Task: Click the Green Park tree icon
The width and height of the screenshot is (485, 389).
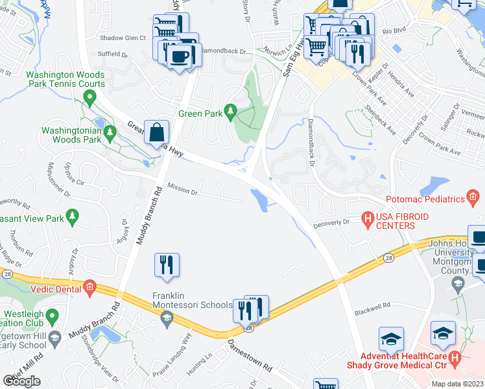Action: [x=229, y=112]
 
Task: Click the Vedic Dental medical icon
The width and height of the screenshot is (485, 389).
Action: [x=89, y=287]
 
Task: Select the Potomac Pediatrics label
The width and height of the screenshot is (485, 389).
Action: [x=434, y=200]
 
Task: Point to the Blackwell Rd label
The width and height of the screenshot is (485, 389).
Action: [x=372, y=305]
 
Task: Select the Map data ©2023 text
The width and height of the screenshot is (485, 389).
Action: [x=456, y=384]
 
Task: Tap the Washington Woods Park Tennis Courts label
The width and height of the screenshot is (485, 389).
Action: [x=65, y=80]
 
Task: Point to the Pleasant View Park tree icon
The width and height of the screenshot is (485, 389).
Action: [x=73, y=215]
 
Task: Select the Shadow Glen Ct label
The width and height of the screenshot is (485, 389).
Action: [x=123, y=38]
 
